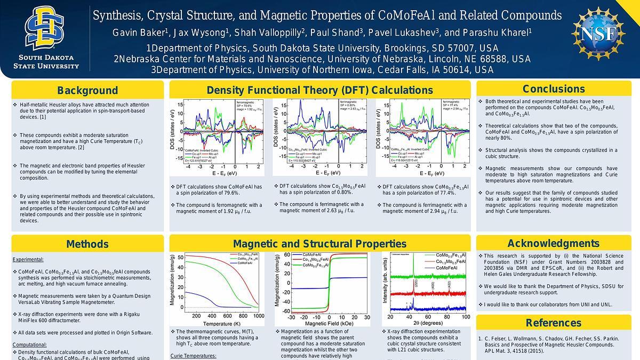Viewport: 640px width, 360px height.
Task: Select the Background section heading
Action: (87, 90)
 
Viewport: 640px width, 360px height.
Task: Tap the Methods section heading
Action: (87, 244)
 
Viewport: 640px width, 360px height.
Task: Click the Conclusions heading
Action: (554, 89)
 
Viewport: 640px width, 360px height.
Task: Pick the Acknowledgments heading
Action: (554, 244)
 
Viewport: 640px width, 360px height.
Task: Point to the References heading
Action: (554, 323)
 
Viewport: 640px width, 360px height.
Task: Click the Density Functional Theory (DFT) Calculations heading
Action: (319, 90)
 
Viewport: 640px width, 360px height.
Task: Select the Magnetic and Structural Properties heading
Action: (319, 244)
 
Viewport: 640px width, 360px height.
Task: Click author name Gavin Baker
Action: (140, 33)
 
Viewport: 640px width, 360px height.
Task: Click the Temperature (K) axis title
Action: (221, 323)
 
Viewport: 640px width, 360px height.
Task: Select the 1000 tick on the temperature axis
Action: (259, 316)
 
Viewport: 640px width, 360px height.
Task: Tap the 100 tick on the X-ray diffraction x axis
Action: (466, 316)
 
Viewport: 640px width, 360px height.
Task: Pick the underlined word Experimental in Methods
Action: (28, 260)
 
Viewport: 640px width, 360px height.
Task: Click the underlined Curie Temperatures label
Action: (193, 356)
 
